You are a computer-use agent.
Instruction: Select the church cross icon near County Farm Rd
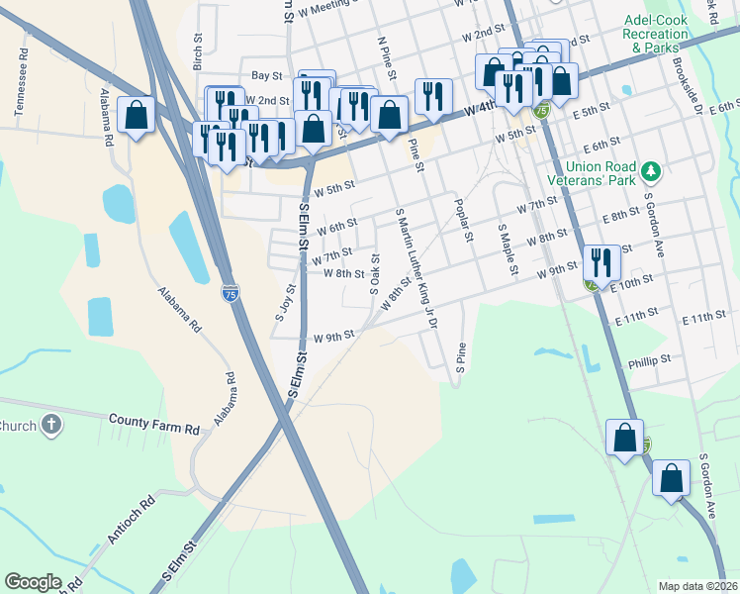51,427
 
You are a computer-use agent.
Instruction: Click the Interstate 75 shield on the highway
230,293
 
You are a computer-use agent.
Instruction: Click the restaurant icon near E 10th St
601,262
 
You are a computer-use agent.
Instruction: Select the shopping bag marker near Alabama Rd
137,114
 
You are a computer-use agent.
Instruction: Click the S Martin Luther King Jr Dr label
416,267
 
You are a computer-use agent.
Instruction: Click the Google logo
34,582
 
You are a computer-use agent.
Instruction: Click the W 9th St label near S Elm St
333,337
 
